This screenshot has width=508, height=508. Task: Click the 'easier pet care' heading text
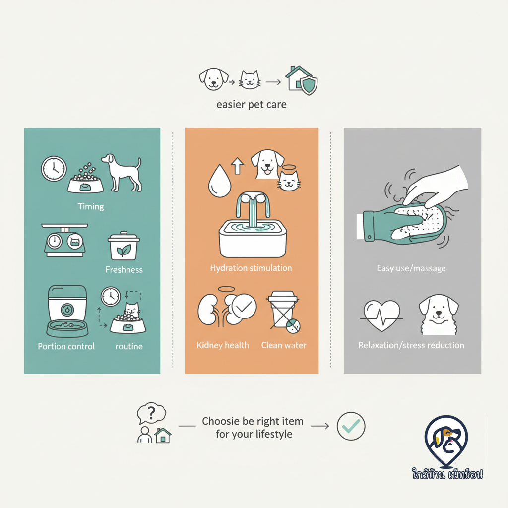[x=252, y=105]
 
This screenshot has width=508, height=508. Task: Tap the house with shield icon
[x=301, y=80]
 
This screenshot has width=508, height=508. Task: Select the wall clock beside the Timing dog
[x=54, y=169]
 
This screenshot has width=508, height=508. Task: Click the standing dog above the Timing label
[x=122, y=173]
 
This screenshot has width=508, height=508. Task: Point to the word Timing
[x=91, y=207]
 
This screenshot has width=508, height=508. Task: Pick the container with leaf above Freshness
[x=124, y=246]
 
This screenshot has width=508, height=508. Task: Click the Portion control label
[x=66, y=346]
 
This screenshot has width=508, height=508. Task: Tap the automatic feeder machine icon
[x=67, y=311]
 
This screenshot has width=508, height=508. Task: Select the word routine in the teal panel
[x=129, y=346]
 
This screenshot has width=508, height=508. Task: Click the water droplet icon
[x=220, y=181]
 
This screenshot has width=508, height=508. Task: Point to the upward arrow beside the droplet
[x=238, y=166]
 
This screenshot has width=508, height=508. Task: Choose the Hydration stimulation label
[x=251, y=268]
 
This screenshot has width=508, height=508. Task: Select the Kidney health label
[x=223, y=345]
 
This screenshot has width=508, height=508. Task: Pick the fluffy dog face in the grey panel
[x=439, y=315]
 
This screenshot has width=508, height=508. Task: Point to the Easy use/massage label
[x=411, y=268]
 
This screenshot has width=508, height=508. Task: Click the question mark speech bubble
[x=151, y=413]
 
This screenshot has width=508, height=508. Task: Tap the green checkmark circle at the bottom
[x=351, y=426]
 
